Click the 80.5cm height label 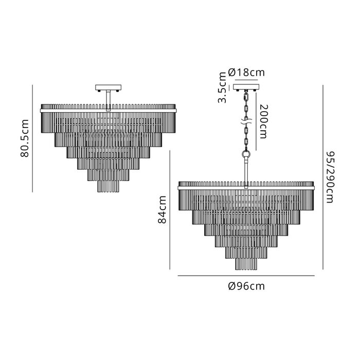[25, 138]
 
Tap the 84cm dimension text [162, 209]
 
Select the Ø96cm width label [246, 286]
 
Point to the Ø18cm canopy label [246, 73]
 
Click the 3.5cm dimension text [222, 87]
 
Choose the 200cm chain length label [263, 122]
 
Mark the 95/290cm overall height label [330, 177]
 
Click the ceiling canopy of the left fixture [109, 87]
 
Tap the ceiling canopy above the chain [246, 87]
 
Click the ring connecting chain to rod [246, 154]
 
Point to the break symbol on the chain [246, 122]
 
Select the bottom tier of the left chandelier [109, 186]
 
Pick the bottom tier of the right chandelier [246, 264]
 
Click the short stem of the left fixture [109, 101]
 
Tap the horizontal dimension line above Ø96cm [246, 276]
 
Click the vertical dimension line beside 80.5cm [32, 138]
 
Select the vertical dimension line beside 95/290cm [323, 177]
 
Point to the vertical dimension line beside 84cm [170, 210]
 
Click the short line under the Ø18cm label [246, 80]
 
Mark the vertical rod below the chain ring [246, 173]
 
